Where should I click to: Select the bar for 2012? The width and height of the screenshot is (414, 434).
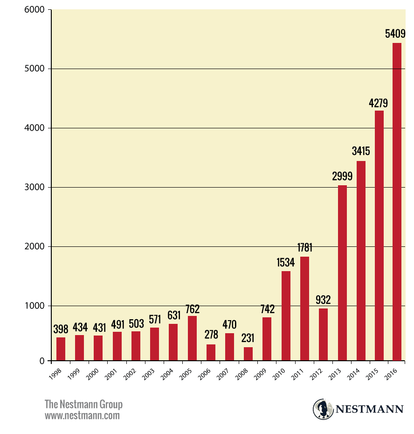tap(323, 334)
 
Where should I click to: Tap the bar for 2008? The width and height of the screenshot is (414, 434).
tap(248, 354)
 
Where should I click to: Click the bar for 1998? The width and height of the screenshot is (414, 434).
tap(61, 349)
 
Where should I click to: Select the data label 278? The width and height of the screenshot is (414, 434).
tap(211, 335)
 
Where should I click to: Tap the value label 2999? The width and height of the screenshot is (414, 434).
tap(342, 176)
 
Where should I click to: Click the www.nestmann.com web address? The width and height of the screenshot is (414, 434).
tap(82, 415)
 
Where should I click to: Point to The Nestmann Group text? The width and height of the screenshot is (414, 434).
tap(83, 404)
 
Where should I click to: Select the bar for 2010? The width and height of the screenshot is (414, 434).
tap(285, 315)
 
